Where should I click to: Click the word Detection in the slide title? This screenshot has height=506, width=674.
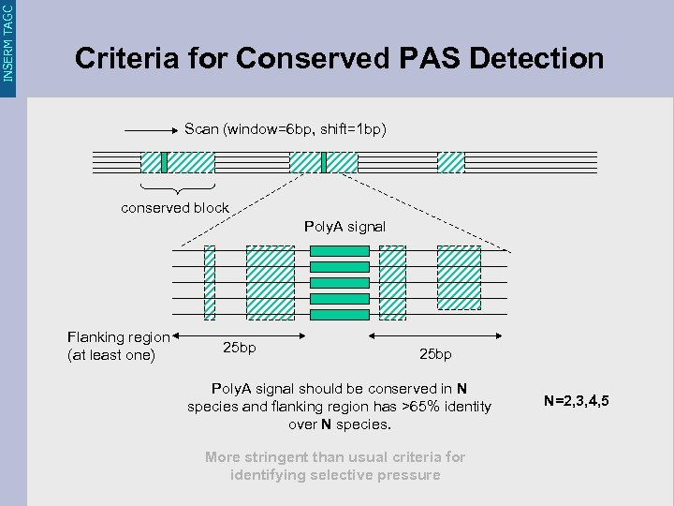pyautogui.click(x=537, y=58)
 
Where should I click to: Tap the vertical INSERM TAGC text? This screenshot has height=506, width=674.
pyautogui.click(x=8, y=41)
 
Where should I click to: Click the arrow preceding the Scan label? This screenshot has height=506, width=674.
pyautogui.click(x=151, y=129)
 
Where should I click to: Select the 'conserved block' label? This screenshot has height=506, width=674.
pyautogui.click(x=175, y=208)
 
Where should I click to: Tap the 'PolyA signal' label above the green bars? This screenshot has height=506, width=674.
pyautogui.click(x=344, y=227)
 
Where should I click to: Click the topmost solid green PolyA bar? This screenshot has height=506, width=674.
pyautogui.click(x=339, y=251)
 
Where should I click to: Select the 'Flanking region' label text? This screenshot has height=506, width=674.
pyautogui.click(x=119, y=337)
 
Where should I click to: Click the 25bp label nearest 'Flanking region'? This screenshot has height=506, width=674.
pyautogui.click(x=240, y=348)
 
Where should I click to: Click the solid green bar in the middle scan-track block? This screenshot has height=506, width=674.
pyautogui.click(x=323, y=163)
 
